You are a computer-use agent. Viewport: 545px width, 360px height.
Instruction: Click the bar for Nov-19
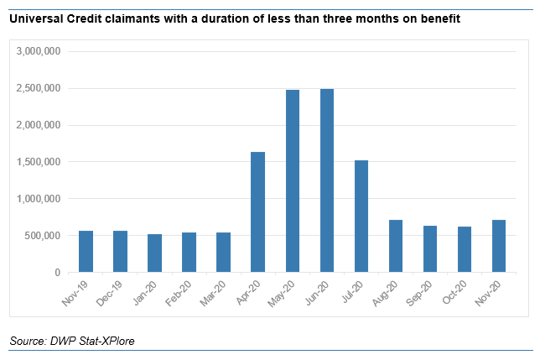point(86,252)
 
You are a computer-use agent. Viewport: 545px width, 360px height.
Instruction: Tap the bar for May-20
point(293,181)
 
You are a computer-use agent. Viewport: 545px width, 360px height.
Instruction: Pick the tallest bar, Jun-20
point(327,180)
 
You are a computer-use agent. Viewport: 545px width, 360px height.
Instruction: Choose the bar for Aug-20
point(396,247)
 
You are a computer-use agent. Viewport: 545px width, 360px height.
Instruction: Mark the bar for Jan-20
point(154,253)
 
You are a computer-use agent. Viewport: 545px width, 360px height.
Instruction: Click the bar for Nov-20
point(499,247)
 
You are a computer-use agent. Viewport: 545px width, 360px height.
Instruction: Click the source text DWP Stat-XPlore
point(91,341)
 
